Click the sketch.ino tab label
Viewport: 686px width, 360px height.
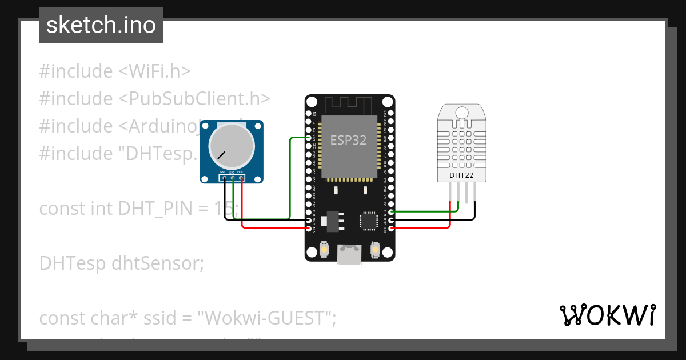point(101,25)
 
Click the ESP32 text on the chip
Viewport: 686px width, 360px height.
point(348,139)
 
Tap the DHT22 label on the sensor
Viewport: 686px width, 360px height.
point(461,175)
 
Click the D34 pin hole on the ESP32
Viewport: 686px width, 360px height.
point(309,138)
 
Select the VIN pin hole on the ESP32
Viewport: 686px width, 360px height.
point(309,229)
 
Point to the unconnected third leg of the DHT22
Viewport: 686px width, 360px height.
point(466,194)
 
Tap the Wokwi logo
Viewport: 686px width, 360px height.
point(607,315)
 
